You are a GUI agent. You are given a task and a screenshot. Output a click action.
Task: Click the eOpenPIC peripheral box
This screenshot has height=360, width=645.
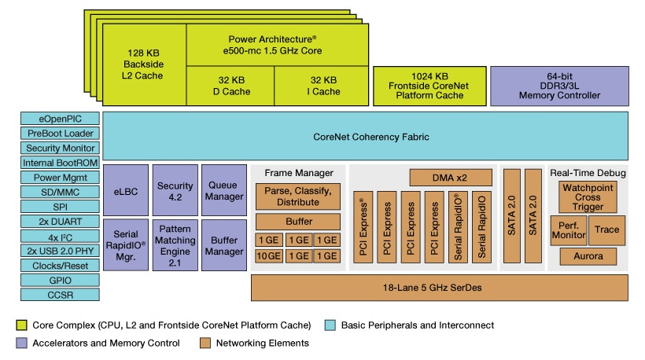click(x=60, y=119)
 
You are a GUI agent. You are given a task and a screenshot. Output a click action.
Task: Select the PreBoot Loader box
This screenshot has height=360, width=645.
click(x=60, y=134)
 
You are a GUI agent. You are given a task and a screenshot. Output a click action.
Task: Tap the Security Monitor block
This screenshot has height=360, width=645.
click(x=60, y=149)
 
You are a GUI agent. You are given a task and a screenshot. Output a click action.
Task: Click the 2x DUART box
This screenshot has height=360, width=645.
click(x=60, y=222)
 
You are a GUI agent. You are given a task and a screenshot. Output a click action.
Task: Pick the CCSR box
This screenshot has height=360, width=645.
click(x=60, y=295)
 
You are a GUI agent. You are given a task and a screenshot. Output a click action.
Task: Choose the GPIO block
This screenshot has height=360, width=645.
click(x=60, y=281)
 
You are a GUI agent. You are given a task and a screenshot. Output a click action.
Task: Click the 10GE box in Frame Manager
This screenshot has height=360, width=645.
click(x=269, y=256)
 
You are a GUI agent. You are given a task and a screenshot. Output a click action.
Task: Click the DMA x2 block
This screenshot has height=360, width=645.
click(x=450, y=178)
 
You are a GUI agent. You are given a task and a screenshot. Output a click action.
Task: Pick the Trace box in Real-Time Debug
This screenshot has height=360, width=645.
click(x=606, y=230)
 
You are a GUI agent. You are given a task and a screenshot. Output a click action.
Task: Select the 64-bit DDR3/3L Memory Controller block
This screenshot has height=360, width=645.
click(x=559, y=86)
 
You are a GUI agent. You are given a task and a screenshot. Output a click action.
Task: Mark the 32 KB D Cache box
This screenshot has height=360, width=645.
click(x=229, y=86)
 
